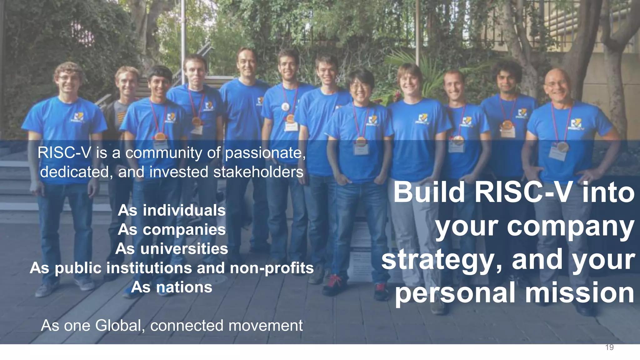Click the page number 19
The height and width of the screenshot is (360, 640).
point(609,347)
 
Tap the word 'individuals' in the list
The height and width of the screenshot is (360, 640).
point(184,210)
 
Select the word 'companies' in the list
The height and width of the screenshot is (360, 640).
point(184,230)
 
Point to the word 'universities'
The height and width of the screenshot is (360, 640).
point(184,249)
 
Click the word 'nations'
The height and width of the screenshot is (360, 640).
point(184,287)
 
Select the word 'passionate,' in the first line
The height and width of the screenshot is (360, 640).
point(265,153)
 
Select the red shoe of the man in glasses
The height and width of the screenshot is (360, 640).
point(334,283)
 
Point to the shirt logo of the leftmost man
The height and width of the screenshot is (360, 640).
point(78,118)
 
